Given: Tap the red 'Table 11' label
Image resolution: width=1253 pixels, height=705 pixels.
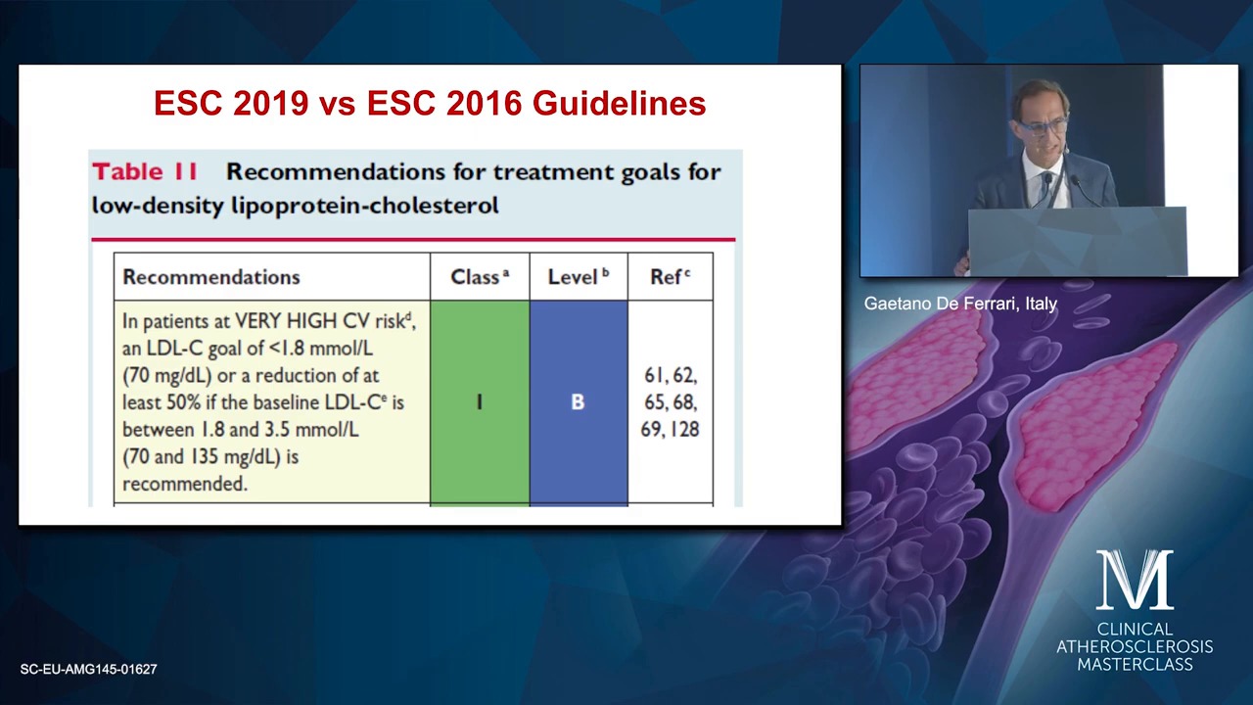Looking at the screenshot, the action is coord(145,171).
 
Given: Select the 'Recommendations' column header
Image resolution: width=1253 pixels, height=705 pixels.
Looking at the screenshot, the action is coord(211,277).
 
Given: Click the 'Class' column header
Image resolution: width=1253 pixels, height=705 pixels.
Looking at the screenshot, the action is coord(480,276).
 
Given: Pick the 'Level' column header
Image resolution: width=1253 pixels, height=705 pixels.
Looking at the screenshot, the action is coord(578,276).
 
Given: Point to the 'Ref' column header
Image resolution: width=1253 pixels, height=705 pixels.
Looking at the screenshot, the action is coord(671,276).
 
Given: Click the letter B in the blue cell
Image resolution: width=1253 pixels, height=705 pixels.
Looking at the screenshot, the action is coord(578,401).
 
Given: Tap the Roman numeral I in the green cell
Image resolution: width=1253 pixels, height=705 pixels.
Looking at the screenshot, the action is coord(480,401).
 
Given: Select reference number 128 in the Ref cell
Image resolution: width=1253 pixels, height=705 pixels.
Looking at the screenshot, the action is coord(683,429).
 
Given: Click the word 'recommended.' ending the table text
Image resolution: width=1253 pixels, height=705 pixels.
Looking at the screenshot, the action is coord(185,484).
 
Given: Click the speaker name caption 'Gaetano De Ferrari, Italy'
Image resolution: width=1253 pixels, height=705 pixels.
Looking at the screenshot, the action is coord(960,304).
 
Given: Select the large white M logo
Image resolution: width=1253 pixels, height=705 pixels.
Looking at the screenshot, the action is coord(1135,580).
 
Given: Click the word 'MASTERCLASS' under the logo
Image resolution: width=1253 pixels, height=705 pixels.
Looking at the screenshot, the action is coord(1135,664).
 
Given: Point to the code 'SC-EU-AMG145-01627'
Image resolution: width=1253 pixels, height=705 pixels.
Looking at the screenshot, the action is coord(88,669).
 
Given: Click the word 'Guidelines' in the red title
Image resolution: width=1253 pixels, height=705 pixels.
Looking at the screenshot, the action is coord(620,104).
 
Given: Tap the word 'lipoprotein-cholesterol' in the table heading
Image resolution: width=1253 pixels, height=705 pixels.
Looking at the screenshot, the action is coord(365,206).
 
